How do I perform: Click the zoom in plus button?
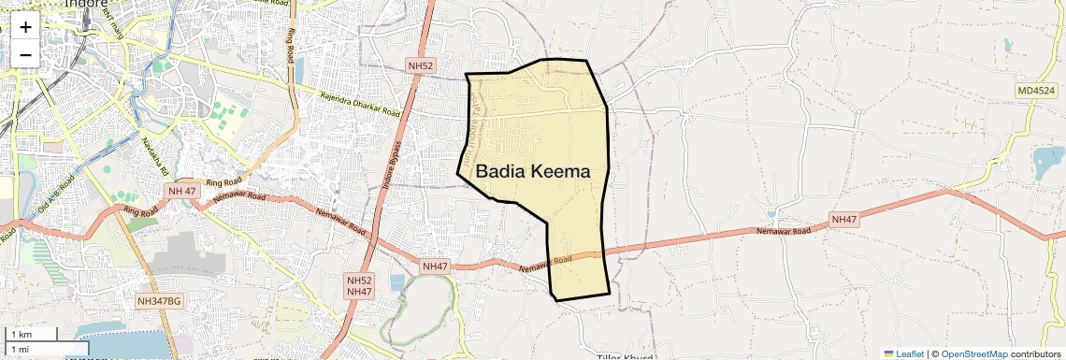pyautogui.click(x=25, y=27)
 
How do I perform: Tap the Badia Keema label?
pyautogui.click(x=533, y=172)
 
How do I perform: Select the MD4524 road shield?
pyautogui.click(x=1037, y=91)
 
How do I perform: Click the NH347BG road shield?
pyautogui.click(x=159, y=301)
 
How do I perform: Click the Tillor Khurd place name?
pyautogui.click(x=624, y=356)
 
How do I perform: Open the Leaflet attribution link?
pyautogui.click(x=904, y=353)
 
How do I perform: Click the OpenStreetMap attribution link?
pyautogui.click(x=974, y=353)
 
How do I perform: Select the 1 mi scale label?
pyautogui.click(x=21, y=349)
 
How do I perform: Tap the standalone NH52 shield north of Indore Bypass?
pyautogui.click(x=421, y=65)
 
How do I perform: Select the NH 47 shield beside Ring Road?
pyautogui.click(x=180, y=191)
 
